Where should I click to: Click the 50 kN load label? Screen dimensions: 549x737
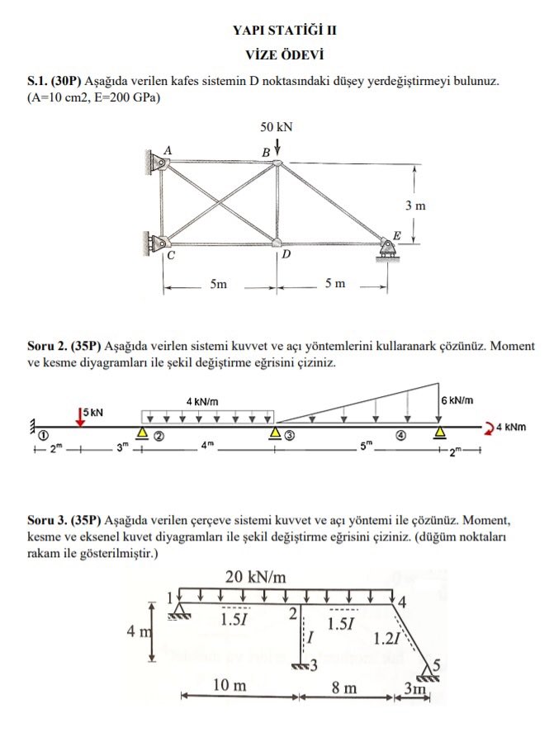[x=277, y=127]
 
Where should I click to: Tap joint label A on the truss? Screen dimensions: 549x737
[x=168, y=150]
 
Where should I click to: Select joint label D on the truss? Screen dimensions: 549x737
[x=286, y=255]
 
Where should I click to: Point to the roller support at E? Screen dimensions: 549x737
[x=387, y=249]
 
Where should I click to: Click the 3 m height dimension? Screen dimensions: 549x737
[x=415, y=206]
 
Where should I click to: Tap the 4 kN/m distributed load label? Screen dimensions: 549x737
[x=202, y=402]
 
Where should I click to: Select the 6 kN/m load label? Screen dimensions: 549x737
[x=457, y=400]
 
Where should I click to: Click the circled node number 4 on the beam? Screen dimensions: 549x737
[x=400, y=436]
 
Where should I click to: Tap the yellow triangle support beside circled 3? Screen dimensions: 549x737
[x=275, y=432]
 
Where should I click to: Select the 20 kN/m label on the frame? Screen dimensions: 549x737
[x=255, y=577]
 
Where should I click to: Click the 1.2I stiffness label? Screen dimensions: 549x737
[x=386, y=639]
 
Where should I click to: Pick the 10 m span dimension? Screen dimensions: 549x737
[x=230, y=685]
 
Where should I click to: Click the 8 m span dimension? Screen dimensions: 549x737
[x=344, y=687]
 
